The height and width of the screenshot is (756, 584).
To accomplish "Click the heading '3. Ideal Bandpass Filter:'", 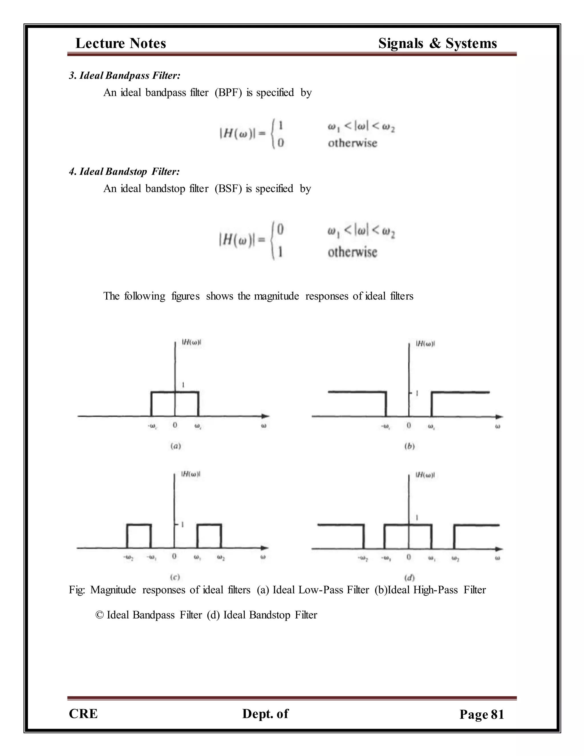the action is point(125,76).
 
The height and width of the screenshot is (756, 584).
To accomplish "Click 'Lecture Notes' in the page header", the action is point(121,43).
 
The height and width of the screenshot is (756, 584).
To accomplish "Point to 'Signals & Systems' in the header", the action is point(437,43).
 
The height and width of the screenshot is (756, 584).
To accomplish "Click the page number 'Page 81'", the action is point(482,714).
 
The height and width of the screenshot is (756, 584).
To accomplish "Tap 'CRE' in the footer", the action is point(83,713).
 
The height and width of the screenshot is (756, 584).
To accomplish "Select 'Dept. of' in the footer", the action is point(265,713).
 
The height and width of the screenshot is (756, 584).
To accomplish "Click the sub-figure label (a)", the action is point(176,446).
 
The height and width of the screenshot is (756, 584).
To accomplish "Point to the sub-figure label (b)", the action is point(409,446).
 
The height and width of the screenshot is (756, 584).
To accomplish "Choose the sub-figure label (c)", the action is point(175,577).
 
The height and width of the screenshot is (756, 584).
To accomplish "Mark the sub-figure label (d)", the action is point(409,578).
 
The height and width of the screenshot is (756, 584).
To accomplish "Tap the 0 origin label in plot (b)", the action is point(409,425).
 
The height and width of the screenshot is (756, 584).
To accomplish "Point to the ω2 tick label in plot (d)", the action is point(456,558).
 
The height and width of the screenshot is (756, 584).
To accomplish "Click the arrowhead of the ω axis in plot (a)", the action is point(265,416).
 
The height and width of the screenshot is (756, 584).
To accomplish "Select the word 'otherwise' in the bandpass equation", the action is point(352,143).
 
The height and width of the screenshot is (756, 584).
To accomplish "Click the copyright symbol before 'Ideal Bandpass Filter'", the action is point(100,615).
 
